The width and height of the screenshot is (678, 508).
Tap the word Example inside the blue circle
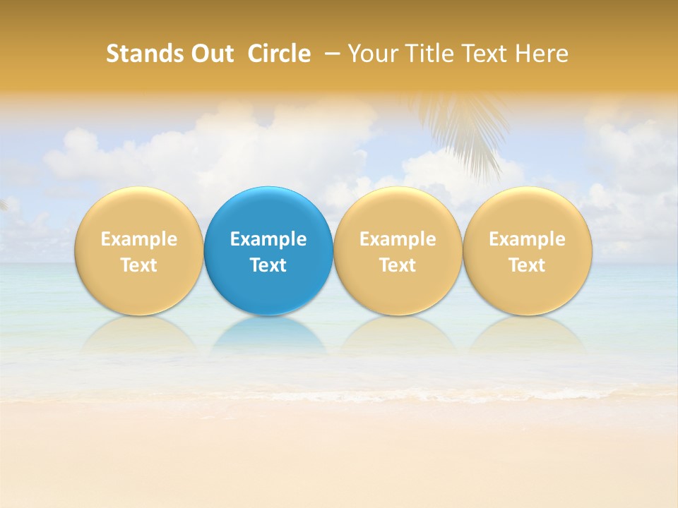click(268, 239)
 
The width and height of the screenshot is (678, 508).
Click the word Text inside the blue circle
click(268, 265)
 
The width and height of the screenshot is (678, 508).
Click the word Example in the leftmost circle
click(138, 239)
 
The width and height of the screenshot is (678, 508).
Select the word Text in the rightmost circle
click(527, 265)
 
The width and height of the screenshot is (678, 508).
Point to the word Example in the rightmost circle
click(527, 239)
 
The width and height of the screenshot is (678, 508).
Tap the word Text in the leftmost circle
click(138, 265)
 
